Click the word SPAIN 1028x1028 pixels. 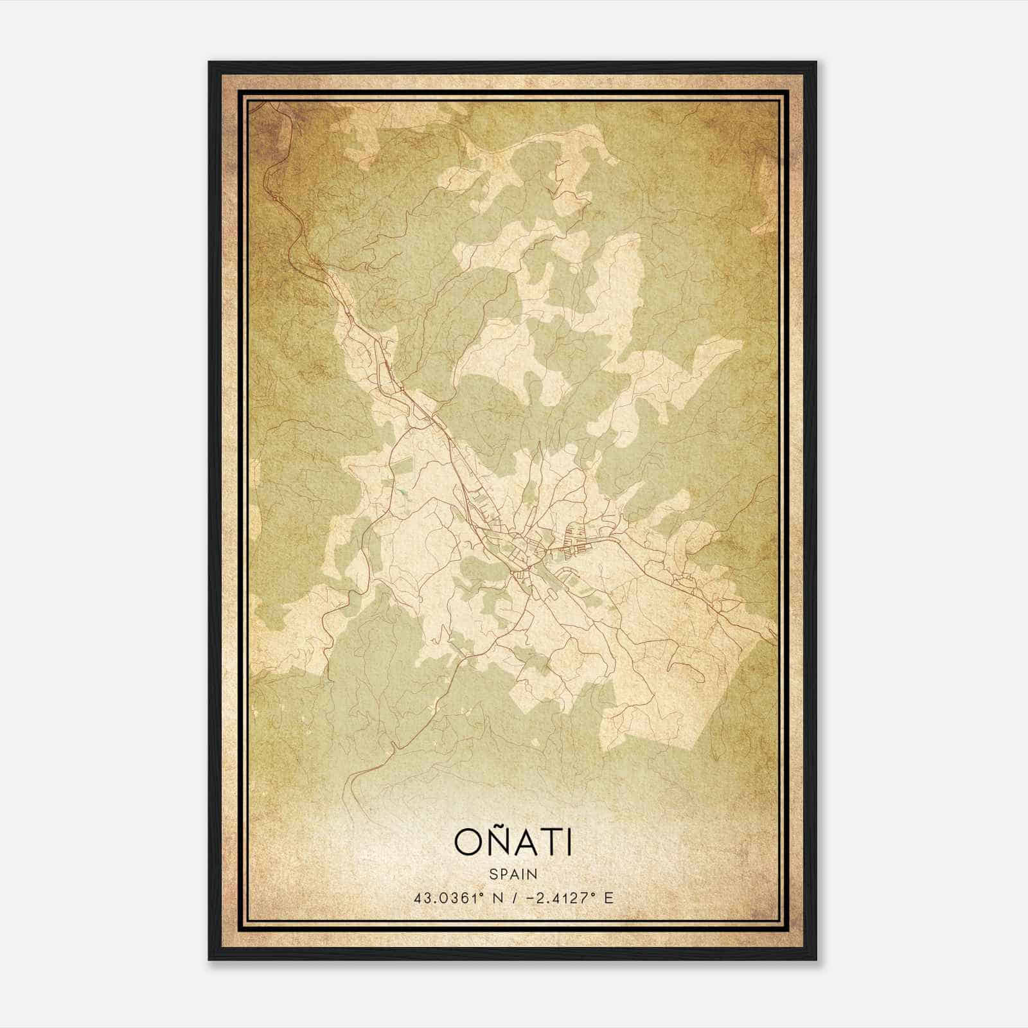pyautogui.click(x=513, y=874)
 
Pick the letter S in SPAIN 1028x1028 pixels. pyautogui.click(x=492, y=874)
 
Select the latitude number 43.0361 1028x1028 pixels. pyautogui.click(x=444, y=898)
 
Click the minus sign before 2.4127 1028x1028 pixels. pyautogui.click(x=531, y=898)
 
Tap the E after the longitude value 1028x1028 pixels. pyautogui.click(x=608, y=898)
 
